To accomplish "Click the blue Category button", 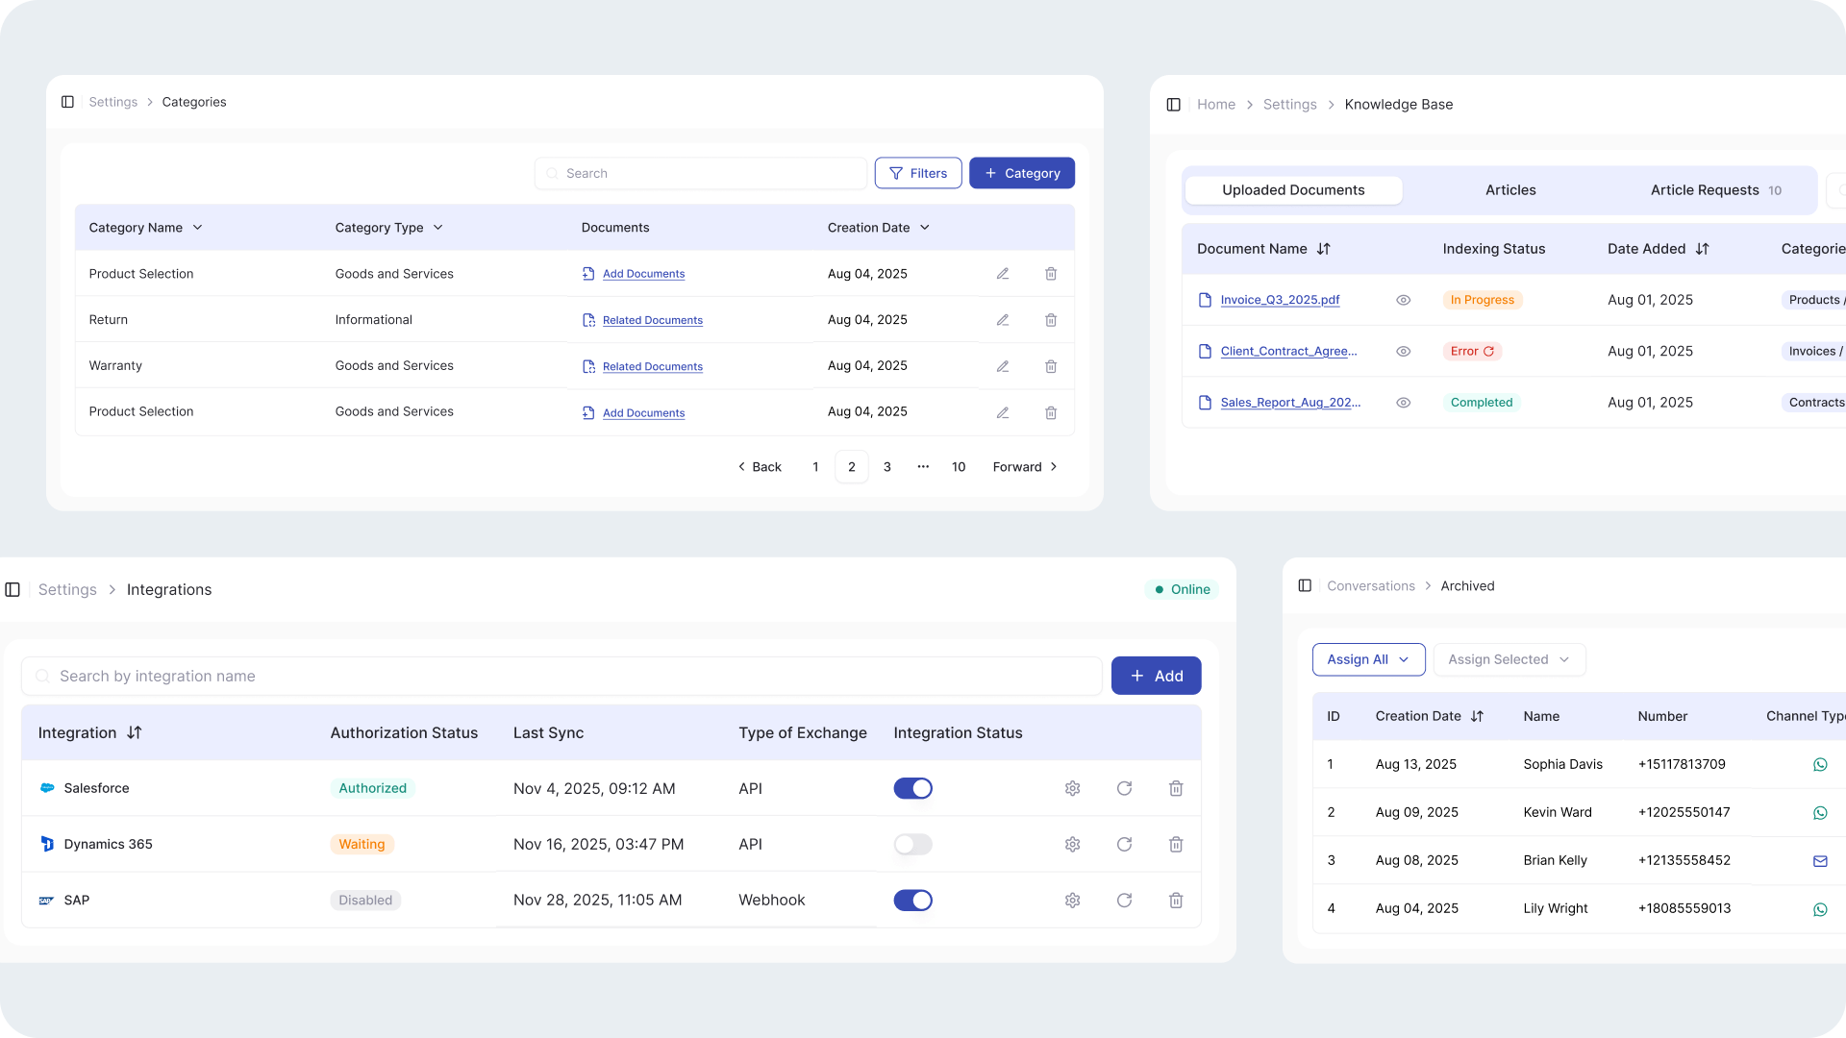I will click(x=1021, y=173).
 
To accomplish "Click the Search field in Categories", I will click(x=702, y=173).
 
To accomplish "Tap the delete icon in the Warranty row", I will click(x=1051, y=366).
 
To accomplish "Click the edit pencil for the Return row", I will click(x=1003, y=320).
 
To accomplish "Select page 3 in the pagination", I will click(x=887, y=467).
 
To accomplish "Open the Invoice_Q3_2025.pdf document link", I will click(x=1280, y=300).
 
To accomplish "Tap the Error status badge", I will click(x=1472, y=352).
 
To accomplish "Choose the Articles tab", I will click(x=1510, y=190).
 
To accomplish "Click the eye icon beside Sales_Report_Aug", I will click(x=1404, y=403).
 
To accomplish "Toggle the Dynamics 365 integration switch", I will click(x=912, y=844).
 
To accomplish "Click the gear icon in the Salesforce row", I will click(x=1073, y=788).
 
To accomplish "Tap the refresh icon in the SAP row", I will click(x=1124, y=901).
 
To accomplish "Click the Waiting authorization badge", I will click(x=362, y=844).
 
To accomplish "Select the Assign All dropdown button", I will click(x=1368, y=659).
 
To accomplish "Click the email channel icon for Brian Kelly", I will click(x=1820, y=861).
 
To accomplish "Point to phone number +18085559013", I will click(x=1684, y=908).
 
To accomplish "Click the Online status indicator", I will click(x=1183, y=589).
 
